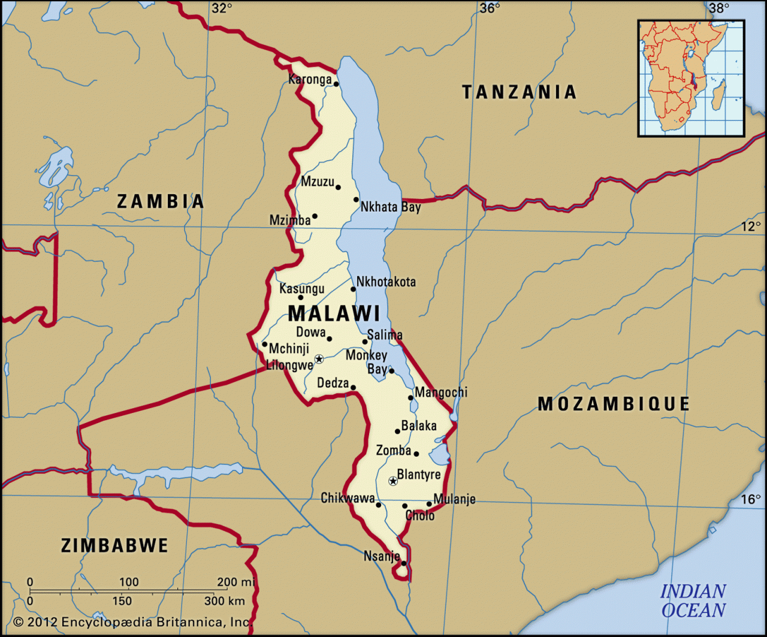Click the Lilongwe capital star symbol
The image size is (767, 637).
(319, 359)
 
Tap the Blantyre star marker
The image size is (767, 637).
(393, 481)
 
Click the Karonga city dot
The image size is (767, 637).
(336, 84)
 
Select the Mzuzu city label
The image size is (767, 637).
(317, 181)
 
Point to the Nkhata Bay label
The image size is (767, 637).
(390, 207)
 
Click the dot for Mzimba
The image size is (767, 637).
(315, 216)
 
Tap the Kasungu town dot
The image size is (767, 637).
(301, 297)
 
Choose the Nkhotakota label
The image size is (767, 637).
(386, 282)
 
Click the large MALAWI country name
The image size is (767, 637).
(334, 313)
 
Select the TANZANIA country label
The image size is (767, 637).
(519, 92)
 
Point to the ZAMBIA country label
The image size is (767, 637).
(160, 201)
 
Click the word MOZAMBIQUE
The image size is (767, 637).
(614, 404)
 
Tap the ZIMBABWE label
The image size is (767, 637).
(114, 545)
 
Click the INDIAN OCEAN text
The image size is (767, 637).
(693, 601)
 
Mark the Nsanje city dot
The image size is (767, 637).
(404, 563)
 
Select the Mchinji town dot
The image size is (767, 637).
(264, 344)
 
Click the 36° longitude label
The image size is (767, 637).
(490, 8)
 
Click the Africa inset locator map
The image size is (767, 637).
(691, 78)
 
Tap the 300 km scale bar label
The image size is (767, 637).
(225, 600)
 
